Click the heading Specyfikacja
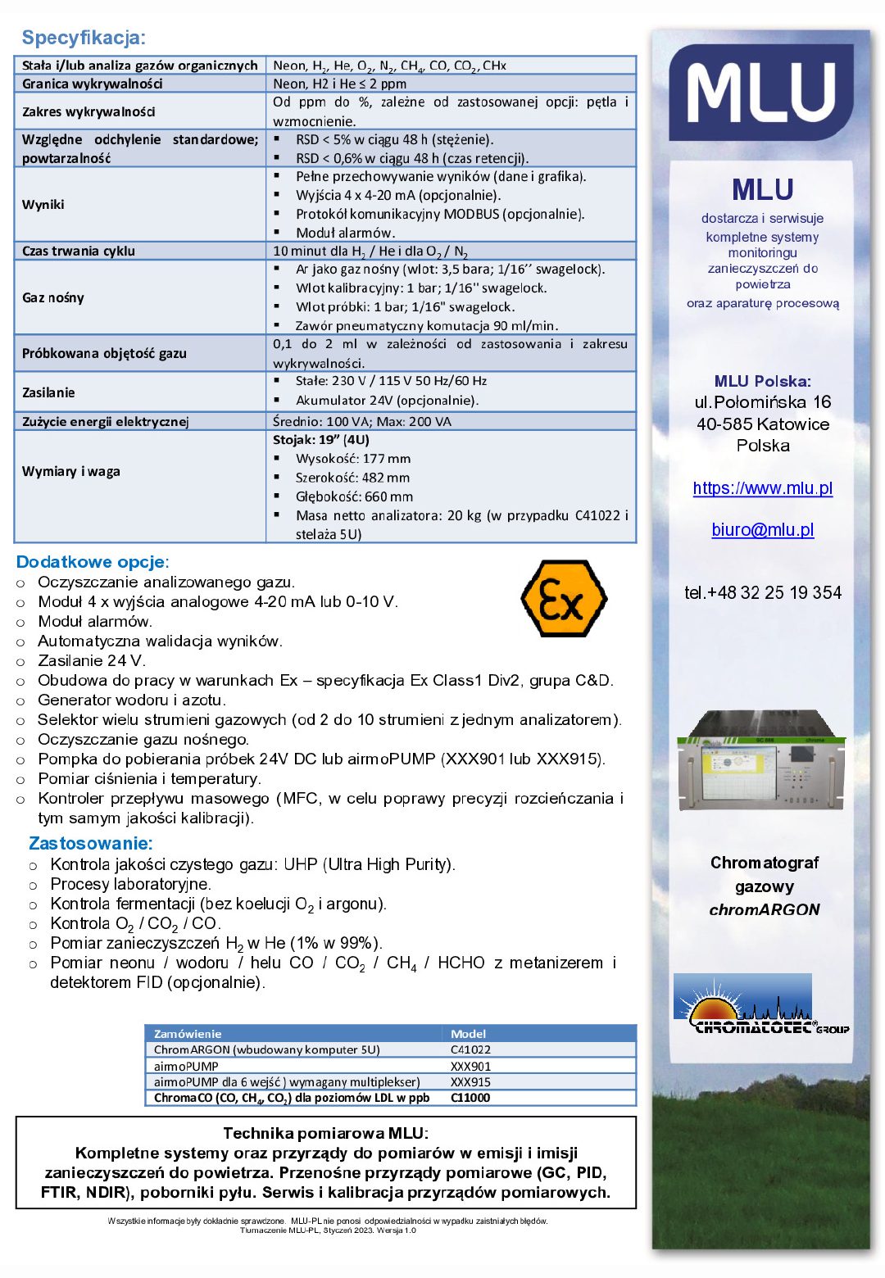(84, 38)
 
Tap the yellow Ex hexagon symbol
(564, 599)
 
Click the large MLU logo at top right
(761, 93)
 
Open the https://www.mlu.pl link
(762, 488)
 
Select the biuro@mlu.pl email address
(762, 530)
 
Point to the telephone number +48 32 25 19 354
(762, 592)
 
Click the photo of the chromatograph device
(761, 760)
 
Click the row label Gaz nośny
(53, 297)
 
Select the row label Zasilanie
(48, 392)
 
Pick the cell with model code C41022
(471, 1049)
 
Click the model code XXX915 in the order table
(471, 1081)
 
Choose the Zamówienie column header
(188, 1033)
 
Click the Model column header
(469, 1033)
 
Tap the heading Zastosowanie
(91, 843)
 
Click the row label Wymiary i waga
(71, 471)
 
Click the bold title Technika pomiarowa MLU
(325, 1133)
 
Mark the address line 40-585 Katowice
(762, 424)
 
